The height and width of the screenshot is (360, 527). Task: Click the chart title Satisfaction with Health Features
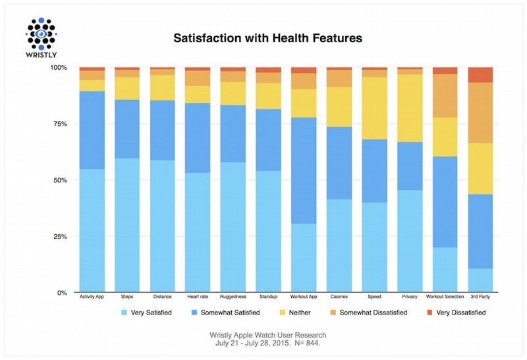[267, 38]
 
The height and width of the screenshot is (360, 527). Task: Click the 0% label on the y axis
[61, 292]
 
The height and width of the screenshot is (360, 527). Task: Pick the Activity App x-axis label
[92, 297]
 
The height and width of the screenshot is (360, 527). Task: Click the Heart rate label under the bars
[197, 297]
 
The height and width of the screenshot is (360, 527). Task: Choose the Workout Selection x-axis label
[445, 297]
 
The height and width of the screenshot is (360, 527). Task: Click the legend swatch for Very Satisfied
[125, 313]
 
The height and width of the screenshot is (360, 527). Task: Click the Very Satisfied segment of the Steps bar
[127, 224]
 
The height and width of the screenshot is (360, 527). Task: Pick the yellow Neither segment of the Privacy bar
[410, 108]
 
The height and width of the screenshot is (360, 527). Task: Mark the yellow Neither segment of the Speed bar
[374, 108]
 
